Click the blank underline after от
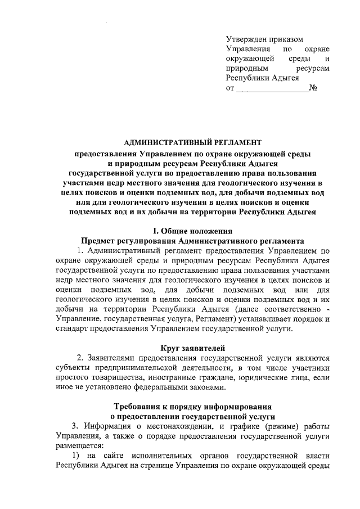pos(272,90)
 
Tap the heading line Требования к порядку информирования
pos(193,406)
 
